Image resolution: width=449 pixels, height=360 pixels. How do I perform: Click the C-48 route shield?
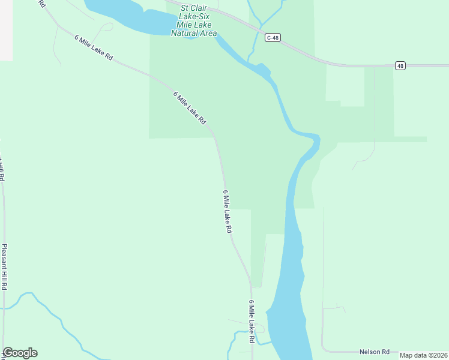(273, 37)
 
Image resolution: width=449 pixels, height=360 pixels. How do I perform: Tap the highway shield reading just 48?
(400, 65)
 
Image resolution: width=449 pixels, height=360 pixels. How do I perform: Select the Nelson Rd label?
(375, 352)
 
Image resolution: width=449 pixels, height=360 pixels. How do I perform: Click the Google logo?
(20, 353)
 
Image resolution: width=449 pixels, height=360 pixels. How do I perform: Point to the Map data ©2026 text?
(424, 355)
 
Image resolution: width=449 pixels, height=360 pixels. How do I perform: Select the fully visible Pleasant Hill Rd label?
(4, 267)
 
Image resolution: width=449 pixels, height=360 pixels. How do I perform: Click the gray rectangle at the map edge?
(6, 30)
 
